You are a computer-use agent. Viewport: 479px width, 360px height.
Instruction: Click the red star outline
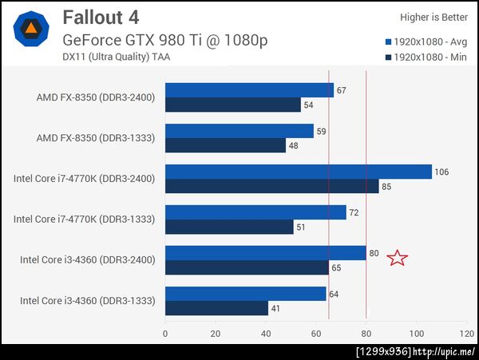(397, 257)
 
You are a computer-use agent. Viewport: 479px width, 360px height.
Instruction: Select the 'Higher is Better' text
(433, 17)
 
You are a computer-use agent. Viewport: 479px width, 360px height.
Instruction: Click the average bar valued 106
(298, 172)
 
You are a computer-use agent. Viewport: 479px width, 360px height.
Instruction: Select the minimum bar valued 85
(271, 186)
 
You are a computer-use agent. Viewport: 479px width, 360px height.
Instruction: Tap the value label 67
(341, 90)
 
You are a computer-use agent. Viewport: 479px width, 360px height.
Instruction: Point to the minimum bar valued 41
(216, 308)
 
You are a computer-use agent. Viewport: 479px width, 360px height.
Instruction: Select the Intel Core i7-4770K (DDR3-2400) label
(85, 178)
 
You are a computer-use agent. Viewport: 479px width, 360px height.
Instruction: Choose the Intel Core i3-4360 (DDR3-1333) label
(87, 300)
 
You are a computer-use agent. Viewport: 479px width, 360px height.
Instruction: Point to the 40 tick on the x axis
(265, 333)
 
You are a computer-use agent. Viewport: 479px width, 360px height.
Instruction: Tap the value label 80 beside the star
(374, 254)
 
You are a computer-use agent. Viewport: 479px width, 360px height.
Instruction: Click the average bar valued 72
(255, 212)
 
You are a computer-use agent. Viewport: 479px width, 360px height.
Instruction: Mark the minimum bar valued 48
(225, 145)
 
